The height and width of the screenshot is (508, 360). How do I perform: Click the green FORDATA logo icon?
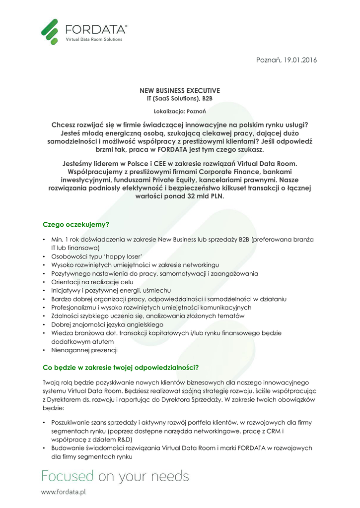pos(49,31)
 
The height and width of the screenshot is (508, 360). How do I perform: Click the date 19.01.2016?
pos(300,60)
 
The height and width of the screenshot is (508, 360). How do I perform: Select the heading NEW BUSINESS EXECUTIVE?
pos(180,91)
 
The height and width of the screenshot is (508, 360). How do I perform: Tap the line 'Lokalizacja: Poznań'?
pos(180,111)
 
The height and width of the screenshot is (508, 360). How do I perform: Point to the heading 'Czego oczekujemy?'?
pos(76,225)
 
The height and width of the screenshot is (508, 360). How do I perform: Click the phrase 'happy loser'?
pos(126,256)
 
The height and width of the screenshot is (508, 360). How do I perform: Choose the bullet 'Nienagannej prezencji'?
pos(84,350)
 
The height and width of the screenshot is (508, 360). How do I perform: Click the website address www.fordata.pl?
pos(64,492)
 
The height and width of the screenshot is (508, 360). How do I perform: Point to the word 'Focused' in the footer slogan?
pos(67,476)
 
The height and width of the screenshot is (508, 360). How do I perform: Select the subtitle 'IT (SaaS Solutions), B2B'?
pos(180,99)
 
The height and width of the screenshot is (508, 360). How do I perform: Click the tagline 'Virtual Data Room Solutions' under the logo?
pos(94,39)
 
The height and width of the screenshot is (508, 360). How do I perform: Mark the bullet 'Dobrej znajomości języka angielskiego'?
pos(103,324)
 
